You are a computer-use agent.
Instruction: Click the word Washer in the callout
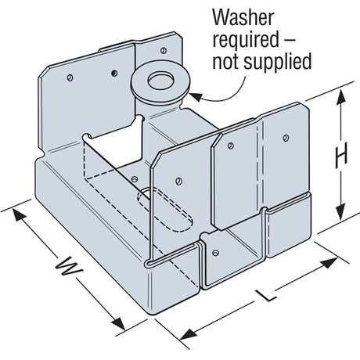tap(243, 18)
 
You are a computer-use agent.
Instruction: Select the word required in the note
tap(246, 41)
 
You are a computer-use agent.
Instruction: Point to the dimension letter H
tap(341, 156)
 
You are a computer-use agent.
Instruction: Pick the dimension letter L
tap(267, 296)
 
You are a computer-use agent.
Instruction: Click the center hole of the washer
tap(160, 81)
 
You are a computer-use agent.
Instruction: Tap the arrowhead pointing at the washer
tap(195, 97)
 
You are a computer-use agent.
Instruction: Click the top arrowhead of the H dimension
tap(340, 97)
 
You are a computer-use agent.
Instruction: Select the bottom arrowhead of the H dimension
tap(340, 212)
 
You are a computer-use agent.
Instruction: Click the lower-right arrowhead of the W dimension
tap(118, 323)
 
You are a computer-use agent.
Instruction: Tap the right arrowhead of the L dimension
tap(329, 263)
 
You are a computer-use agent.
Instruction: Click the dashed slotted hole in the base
tap(165, 210)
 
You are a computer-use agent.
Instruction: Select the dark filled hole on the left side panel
tap(114, 74)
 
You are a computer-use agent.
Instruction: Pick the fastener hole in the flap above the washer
tap(164, 50)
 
